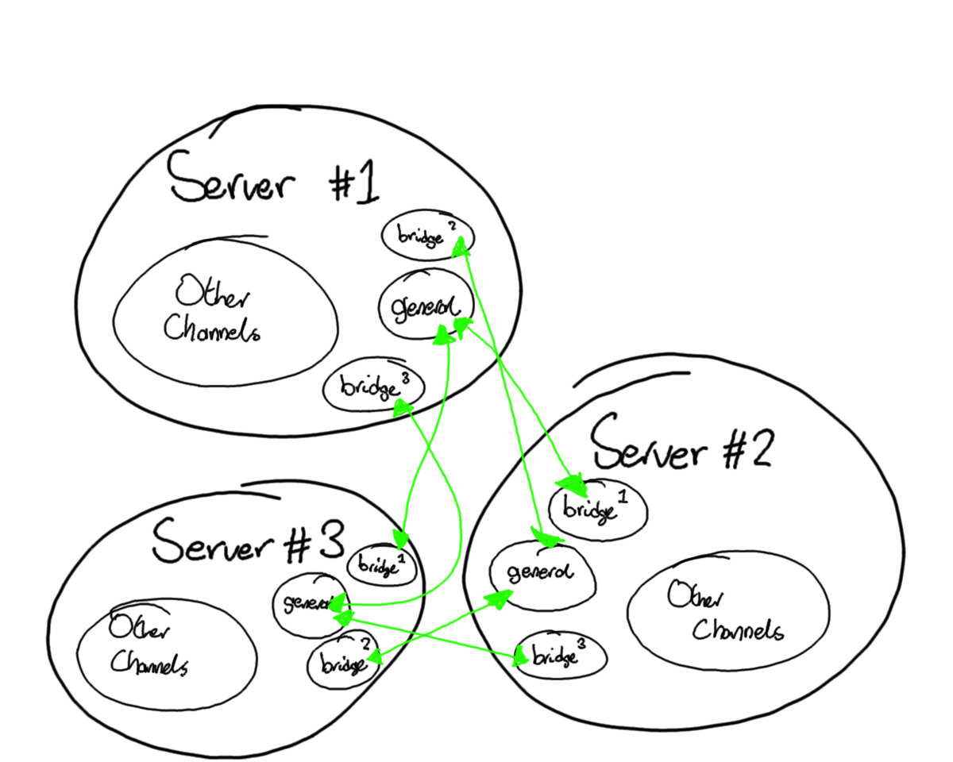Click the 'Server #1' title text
274,181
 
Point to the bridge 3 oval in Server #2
561,656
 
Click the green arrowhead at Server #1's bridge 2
460,250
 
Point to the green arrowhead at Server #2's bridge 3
520,656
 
